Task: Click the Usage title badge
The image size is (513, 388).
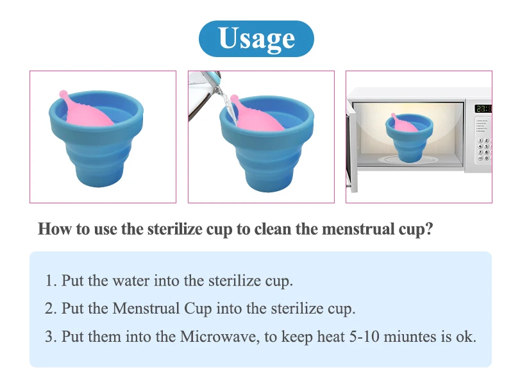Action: [256, 38]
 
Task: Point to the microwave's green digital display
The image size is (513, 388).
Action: [482, 108]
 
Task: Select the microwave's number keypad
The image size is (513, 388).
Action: [484, 149]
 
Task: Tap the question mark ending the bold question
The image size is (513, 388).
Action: [429, 230]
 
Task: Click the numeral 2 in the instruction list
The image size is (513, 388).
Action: [49, 308]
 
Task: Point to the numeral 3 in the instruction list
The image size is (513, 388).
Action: [49, 337]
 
